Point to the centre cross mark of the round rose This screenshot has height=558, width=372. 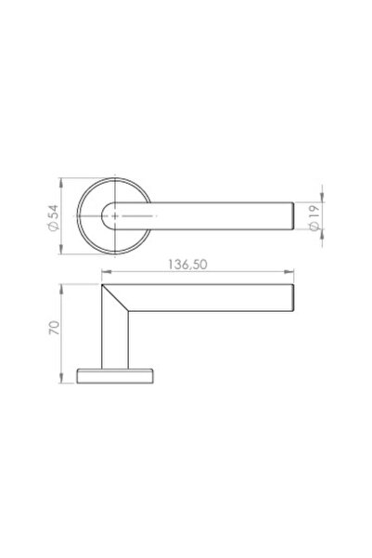(x=116, y=214)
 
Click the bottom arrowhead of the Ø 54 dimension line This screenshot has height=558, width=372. (x=62, y=250)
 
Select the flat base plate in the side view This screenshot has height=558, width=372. (x=115, y=374)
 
